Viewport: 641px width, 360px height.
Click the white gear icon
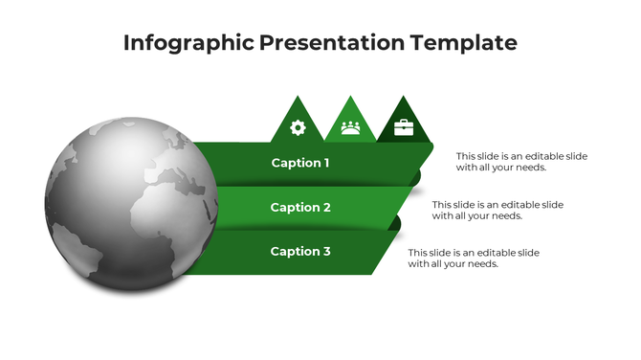tap(298, 127)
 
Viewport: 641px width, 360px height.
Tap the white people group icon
tap(351, 127)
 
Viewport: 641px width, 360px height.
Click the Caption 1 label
tap(300, 163)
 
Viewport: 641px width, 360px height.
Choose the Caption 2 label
tap(300, 207)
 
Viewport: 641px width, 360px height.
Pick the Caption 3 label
tap(300, 251)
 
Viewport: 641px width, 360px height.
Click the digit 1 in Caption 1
tap(326, 163)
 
